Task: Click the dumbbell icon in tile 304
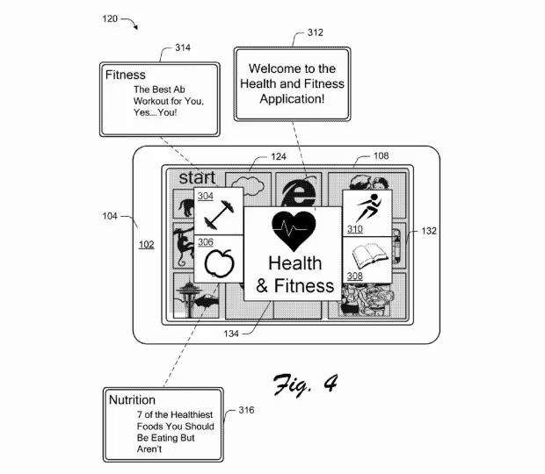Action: coord(219,215)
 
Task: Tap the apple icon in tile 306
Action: coord(220,262)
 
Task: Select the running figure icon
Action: coord(369,207)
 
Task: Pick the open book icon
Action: coord(369,256)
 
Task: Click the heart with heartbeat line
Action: coord(294,230)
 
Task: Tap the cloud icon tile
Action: coord(249,185)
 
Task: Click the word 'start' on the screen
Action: coord(197,177)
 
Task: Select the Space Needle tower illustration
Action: coord(189,298)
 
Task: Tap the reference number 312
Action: coord(316,32)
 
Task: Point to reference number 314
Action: coord(183,47)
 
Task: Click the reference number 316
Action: coord(246,410)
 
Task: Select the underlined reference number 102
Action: coord(146,245)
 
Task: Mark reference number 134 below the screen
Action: coord(231,334)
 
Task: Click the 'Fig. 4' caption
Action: coord(306,384)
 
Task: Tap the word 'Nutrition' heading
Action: coord(132,399)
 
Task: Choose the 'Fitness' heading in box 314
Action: coord(126,75)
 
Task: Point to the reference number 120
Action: coord(110,18)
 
